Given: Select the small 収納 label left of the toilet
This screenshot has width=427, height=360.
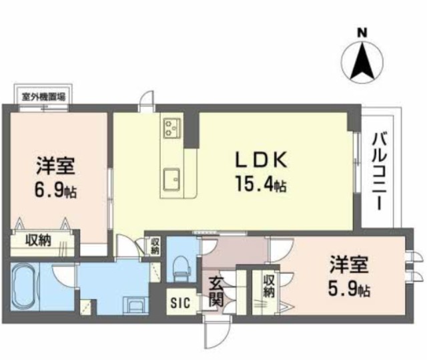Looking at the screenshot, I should (155, 246).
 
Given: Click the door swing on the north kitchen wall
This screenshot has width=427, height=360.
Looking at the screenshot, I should (145, 102).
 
